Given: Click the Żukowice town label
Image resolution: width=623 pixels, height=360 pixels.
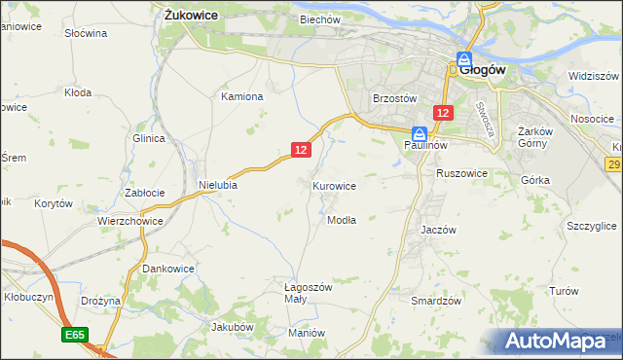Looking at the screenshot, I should click(190, 15).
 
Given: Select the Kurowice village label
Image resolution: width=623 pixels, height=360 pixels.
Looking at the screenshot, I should click(334, 185).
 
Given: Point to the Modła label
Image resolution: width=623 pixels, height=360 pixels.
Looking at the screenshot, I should click(341, 220).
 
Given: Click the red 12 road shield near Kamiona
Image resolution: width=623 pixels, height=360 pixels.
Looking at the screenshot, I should click(301, 149).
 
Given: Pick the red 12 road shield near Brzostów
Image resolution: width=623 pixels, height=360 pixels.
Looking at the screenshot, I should click(443, 113).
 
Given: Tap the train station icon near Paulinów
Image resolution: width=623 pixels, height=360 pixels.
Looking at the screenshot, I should click(419, 133).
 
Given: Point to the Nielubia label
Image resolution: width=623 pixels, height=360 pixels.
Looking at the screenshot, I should click(218, 183).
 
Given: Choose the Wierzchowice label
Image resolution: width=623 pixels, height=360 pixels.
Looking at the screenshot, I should click(128, 221).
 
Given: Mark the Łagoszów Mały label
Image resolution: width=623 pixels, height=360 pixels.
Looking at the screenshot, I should click(308, 293).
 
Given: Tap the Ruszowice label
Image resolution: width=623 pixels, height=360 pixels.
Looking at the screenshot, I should click(461, 173).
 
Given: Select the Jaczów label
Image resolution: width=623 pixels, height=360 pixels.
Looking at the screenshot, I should click(438, 230).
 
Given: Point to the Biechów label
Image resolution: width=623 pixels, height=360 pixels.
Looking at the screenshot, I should click(319, 18).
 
